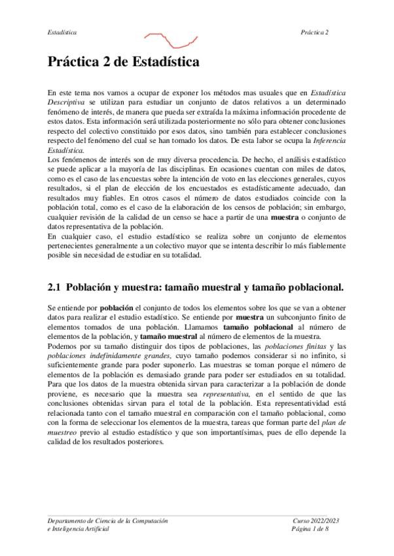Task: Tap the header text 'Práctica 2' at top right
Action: [x=315, y=31]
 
